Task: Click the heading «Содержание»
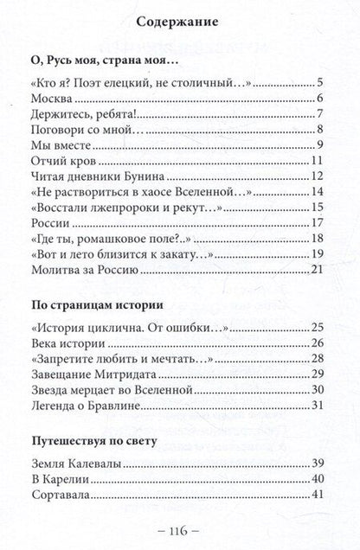[x=181, y=21]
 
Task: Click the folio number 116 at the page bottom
[x=180, y=531]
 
